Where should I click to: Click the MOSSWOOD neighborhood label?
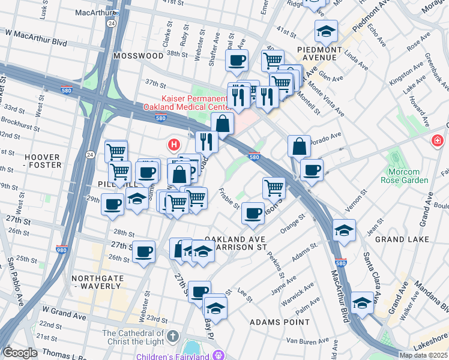[x=138, y=55]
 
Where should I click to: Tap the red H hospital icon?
[x=174, y=145]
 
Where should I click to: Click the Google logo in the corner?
[x=20, y=352]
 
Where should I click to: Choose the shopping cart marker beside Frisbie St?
[x=274, y=187]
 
